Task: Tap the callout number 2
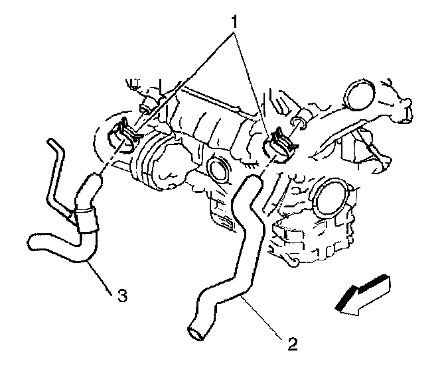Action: pos(293,345)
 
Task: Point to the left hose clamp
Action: pos(121,136)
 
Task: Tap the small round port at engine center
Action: pos(217,170)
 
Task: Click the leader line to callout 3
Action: pos(103,276)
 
